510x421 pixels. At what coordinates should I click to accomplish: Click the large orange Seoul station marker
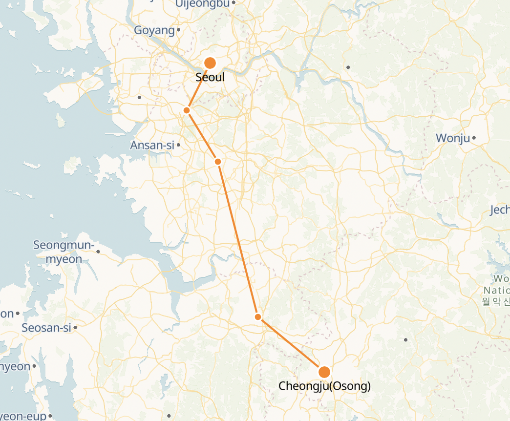point(210,63)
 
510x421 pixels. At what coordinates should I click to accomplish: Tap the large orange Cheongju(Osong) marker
point(324,372)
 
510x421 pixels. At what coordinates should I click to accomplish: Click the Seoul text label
point(210,77)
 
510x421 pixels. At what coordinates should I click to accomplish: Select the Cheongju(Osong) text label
point(324,386)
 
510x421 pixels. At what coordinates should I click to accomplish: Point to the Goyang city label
point(154,31)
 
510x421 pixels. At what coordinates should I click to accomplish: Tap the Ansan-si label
point(152,145)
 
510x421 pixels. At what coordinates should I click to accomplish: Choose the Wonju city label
point(453,138)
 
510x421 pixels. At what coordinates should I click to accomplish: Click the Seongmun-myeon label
point(64,252)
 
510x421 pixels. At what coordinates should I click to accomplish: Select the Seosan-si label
point(46,328)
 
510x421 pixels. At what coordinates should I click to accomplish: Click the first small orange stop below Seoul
point(187,110)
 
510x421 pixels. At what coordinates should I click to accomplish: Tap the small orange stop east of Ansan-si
point(218,161)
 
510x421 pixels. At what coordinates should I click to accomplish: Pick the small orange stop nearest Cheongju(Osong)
point(258,317)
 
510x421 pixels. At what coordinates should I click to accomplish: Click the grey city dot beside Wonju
point(474,139)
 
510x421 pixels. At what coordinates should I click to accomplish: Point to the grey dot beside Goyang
point(179,30)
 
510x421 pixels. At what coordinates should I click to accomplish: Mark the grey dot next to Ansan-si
point(179,145)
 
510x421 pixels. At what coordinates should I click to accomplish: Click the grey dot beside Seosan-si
point(76,328)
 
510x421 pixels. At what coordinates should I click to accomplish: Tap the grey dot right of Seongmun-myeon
point(98,252)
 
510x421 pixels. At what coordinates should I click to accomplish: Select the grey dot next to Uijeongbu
point(234,2)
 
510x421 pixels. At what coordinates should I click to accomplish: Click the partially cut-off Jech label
point(500,210)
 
